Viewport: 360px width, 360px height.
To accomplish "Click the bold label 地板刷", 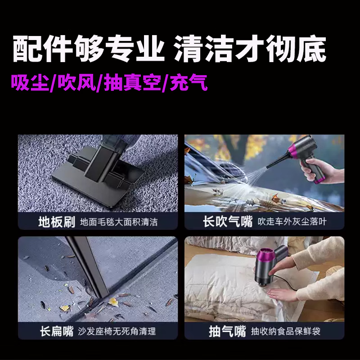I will [56, 222].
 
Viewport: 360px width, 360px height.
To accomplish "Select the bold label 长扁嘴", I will [56, 332].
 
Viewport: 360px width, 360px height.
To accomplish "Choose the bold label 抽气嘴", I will [228, 332].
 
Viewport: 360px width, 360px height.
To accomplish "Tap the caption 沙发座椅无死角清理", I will [117, 332].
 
